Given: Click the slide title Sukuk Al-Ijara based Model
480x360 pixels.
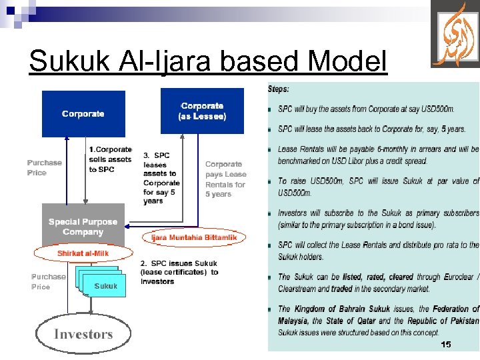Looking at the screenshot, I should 207,62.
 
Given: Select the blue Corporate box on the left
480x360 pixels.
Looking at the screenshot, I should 83,114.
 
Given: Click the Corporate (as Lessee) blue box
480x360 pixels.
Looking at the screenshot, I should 203,111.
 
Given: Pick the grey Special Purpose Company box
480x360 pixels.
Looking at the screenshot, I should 83,226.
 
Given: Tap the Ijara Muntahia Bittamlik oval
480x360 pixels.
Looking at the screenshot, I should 194,237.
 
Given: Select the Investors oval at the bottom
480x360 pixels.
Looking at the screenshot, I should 83,334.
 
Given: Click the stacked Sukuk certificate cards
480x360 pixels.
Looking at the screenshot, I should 99,283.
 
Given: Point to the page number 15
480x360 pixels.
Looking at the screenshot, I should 446,344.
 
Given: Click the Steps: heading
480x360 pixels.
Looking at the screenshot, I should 279,89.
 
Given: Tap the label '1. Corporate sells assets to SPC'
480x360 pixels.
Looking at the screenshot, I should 110,159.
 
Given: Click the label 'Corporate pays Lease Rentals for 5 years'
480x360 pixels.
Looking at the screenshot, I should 225,179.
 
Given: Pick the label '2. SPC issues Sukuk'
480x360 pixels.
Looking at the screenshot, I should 179,272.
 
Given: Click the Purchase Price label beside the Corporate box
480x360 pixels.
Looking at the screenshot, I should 45,167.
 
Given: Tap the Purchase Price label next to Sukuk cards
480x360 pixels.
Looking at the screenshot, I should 49,281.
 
